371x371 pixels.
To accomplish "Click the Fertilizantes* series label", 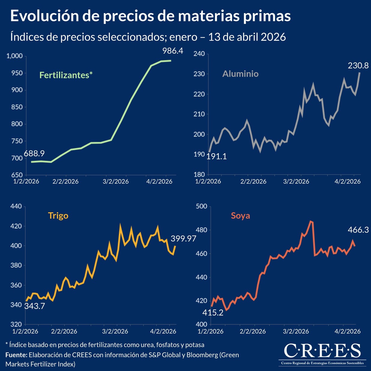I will click(x=66, y=75).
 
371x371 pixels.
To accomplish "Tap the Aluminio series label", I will click(x=240, y=74).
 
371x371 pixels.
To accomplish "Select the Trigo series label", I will click(x=58, y=216).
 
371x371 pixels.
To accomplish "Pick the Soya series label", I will click(x=240, y=216).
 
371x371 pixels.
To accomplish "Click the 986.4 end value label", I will click(x=173, y=51).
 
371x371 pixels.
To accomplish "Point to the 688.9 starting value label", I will click(x=34, y=153).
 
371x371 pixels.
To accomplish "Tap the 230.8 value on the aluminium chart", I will click(x=358, y=65).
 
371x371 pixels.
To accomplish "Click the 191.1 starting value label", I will click(x=216, y=156).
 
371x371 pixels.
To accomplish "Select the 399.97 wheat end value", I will click(x=183, y=239).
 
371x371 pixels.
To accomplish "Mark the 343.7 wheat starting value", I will click(x=35, y=306).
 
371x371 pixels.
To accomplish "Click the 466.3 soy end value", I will click(x=358, y=230).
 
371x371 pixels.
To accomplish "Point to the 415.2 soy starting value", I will click(x=213, y=313).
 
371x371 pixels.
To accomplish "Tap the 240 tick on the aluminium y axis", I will click(x=199, y=54).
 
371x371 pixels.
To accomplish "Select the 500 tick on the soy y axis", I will click(x=201, y=206).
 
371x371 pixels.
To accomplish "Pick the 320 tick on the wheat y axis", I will click(x=16, y=324).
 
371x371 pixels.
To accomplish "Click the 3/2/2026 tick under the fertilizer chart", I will click(x=116, y=181).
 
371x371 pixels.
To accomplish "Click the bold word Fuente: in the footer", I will click(x=16, y=355).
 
